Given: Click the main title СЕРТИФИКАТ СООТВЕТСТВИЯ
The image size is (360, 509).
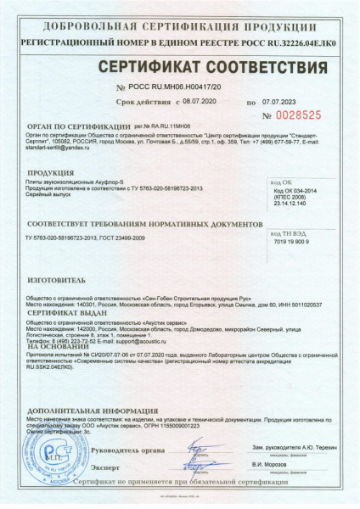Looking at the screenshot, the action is (180, 67).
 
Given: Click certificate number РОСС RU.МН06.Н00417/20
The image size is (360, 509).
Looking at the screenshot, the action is (177, 87).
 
